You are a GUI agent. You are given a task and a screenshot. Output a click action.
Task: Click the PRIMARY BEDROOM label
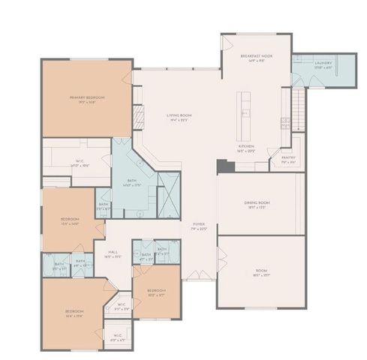(x=87, y=99)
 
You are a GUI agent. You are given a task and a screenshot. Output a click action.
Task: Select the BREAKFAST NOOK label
(x=255, y=58)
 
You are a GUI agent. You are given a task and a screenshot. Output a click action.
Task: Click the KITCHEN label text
(x=247, y=148)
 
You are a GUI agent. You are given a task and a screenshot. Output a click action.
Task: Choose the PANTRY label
(x=287, y=159)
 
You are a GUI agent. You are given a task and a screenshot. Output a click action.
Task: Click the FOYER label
(x=199, y=225)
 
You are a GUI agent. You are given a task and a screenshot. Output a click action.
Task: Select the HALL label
(x=113, y=253)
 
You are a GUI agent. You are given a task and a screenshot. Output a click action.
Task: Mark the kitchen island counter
(x=244, y=112)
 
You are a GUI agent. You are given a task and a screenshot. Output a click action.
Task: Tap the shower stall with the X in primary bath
(x=170, y=190)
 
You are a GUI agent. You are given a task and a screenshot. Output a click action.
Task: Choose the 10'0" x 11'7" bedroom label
(x=156, y=291)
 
